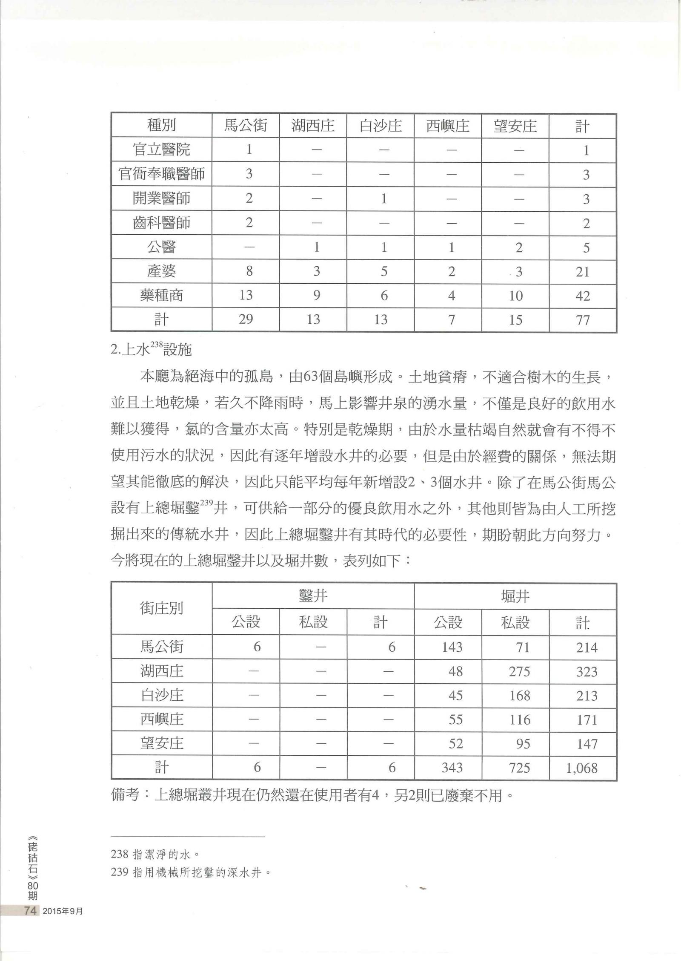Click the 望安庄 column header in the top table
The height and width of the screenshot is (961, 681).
(515, 126)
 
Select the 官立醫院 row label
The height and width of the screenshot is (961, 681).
(161, 150)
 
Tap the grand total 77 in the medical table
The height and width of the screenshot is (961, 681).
(583, 319)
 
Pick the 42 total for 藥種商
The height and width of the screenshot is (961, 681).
(583, 296)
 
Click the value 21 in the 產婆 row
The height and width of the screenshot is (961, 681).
(583, 271)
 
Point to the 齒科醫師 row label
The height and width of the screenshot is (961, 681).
(161, 223)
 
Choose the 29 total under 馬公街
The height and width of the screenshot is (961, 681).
(246, 319)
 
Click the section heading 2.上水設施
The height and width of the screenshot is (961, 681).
(152, 350)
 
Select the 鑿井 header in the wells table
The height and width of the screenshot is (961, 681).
(313, 596)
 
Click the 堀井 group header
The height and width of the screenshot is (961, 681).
(515, 596)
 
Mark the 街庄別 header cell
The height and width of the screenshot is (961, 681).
(161, 608)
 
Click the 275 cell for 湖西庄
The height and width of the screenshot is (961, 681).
(519, 672)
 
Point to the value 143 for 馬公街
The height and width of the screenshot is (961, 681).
(452, 647)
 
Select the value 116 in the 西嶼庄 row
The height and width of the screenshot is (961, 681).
(519, 720)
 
